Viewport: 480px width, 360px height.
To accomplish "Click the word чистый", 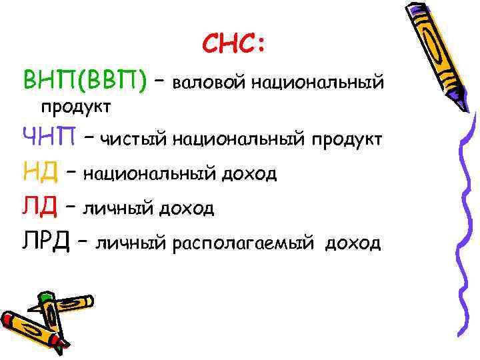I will (x=134, y=139).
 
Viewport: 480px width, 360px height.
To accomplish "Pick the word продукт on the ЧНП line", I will (x=345, y=140).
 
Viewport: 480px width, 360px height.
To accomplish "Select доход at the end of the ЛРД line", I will (x=353, y=243).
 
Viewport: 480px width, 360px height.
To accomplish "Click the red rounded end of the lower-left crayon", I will (x=6, y=318).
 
